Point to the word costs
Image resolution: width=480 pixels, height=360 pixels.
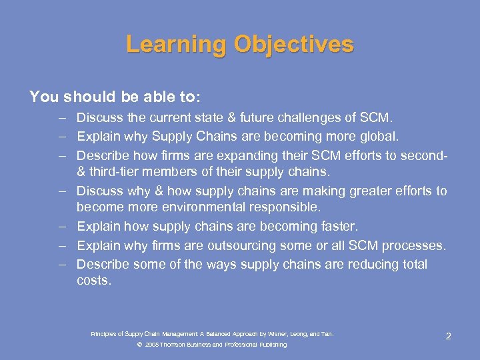[93, 281]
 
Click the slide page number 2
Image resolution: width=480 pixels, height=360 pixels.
[448, 336]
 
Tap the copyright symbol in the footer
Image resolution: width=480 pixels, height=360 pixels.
[139, 345]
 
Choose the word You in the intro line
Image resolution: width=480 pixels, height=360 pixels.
[44, 97]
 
